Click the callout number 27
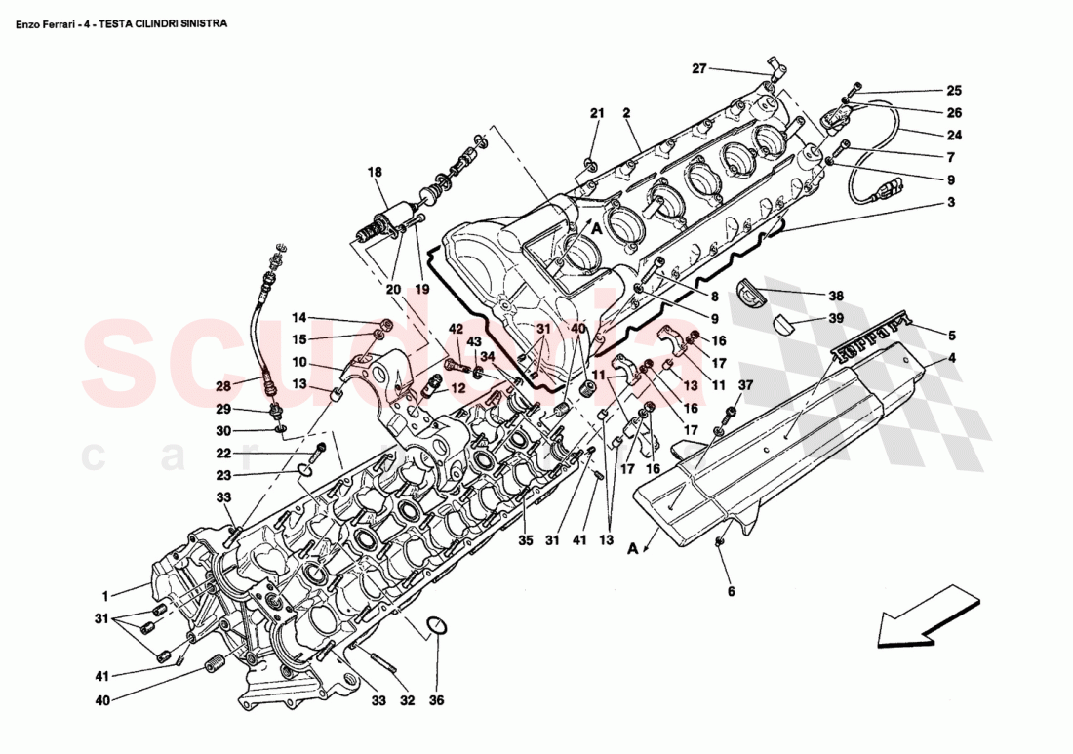(x=698, y=68)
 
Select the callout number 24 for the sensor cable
(x=953, y=136)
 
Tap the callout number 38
(x=835, y=296)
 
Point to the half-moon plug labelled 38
(x=750, y=291)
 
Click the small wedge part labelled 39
(x=786, y=324)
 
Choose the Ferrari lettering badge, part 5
(x=872, y=334)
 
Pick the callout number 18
(x=376, y=172)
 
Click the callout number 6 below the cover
(x=730, y=591)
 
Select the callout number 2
(x=627, y=113)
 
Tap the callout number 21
(x=597, y=113)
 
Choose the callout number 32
(x=407, y=700)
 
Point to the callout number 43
(x=473, y=341)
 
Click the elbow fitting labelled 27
(x=777, y=66)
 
